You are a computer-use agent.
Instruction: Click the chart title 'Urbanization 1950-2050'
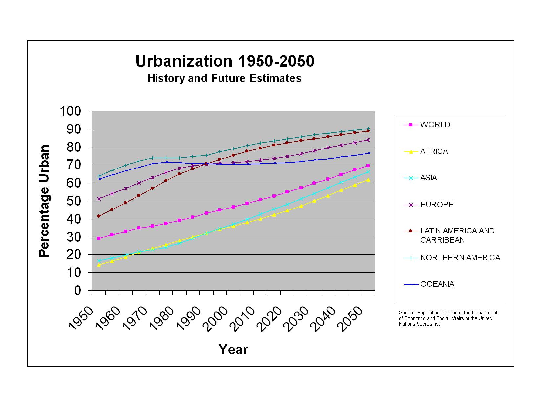coord(225,61)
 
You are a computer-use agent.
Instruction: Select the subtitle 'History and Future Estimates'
coord(224,79)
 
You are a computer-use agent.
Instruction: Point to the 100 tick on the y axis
coord(70,111)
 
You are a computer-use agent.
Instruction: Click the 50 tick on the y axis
coord(74,201)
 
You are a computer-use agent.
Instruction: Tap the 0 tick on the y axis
coord(78,290)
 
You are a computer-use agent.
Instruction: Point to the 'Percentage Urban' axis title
coord(44,201)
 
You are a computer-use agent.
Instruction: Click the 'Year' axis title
coord(233,349)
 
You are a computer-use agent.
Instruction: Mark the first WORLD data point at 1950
coord(99,238)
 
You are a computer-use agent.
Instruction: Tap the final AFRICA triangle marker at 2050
coord(368,180)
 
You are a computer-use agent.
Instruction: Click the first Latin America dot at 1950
coord(99,216)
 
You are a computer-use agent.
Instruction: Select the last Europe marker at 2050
coord(368,140)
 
